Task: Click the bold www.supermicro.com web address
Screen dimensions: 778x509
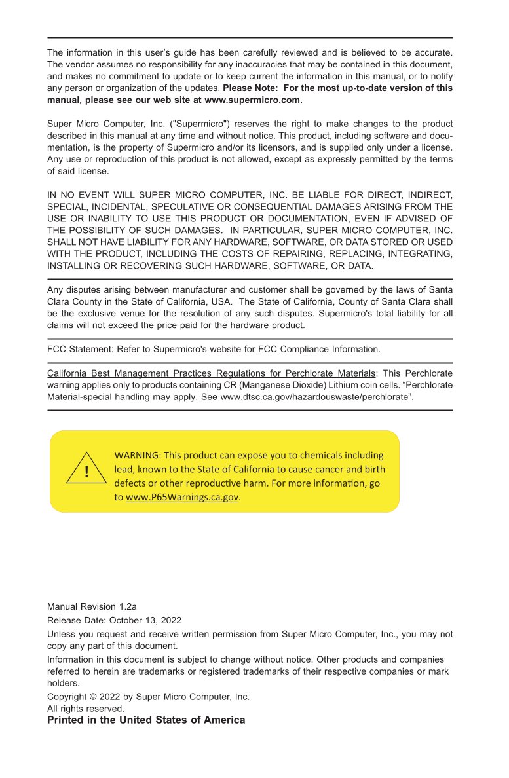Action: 253,100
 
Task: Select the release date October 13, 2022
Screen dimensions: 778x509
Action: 145,620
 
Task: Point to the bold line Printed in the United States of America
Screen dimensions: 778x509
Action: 146,720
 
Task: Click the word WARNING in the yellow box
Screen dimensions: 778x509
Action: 138,455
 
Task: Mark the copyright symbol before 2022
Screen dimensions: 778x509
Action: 92,697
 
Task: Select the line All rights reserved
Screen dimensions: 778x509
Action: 86,709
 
